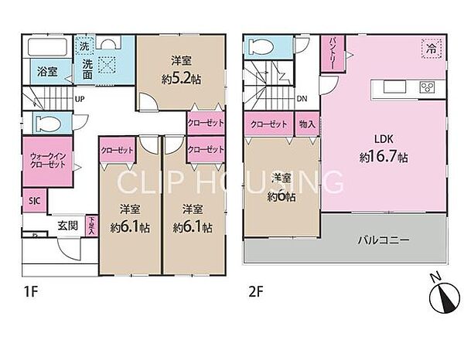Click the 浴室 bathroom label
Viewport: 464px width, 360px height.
click(46, 72)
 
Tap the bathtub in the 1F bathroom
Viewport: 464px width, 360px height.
click(46, 46)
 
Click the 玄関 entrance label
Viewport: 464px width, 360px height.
click(67, 226)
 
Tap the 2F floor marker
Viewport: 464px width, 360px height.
click(256, 293)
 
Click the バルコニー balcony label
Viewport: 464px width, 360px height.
click(384, 240)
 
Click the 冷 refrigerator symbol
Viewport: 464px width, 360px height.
click(429, 48)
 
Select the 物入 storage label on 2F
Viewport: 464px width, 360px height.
click(306, 124)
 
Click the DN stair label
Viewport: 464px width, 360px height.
click(303, 98)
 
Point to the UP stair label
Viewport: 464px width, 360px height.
click(79, 98)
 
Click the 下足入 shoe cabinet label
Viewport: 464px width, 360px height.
click(91, 226)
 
